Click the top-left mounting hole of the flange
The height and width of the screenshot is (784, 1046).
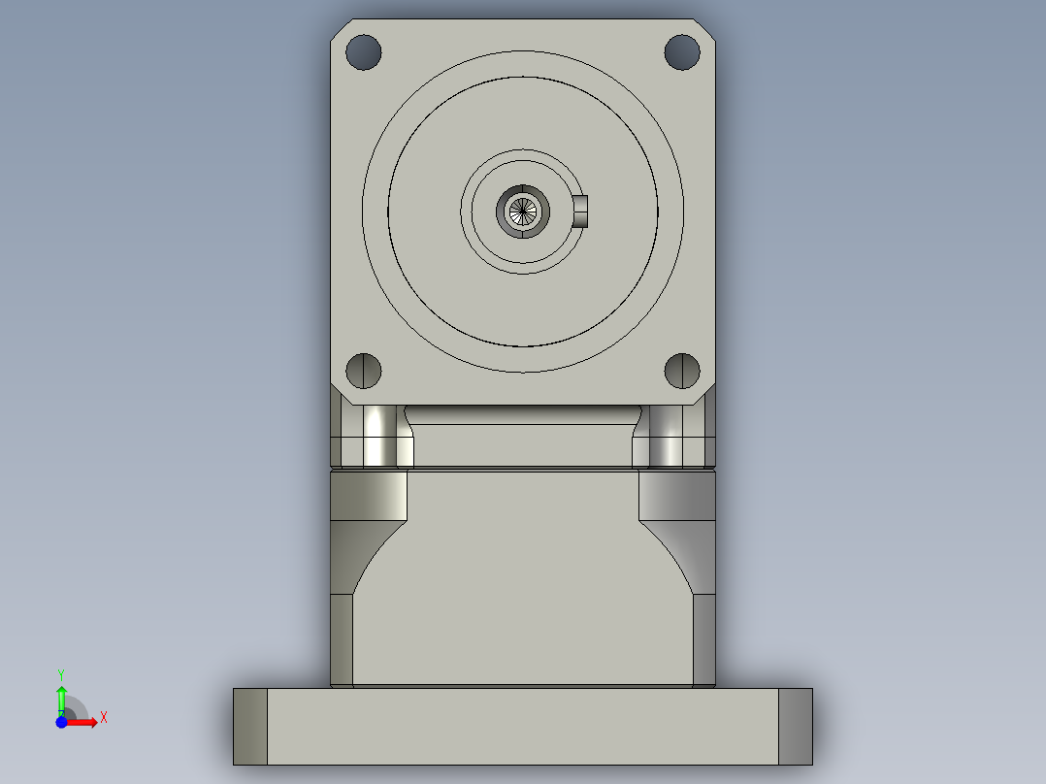[x=364, y=51]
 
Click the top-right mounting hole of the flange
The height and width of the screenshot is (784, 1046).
[x=682, y=51]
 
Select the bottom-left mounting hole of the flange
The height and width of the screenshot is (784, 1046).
[x=364, y=370]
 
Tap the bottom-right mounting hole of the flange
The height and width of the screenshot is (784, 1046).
[x=682, y=370]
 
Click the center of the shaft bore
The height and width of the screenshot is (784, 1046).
[x=523, y=210]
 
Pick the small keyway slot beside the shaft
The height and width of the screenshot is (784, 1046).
[x=580, y=210]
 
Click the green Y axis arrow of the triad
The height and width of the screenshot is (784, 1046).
[x=61, y=697]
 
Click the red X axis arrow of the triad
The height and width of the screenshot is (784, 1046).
[x=84, y=722]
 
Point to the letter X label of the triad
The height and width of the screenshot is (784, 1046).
[x=104, y=718]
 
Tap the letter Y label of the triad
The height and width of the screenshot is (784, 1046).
[x=61, y=673]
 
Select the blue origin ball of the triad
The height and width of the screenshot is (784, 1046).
[x=61, y=722]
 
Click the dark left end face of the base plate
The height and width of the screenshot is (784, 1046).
[x=249, y=726]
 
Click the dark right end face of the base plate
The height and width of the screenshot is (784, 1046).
[x=796, y=726]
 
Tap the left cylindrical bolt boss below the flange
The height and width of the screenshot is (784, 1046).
[x=377, y=434]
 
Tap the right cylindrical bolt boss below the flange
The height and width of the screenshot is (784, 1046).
[x=668, y=434]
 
